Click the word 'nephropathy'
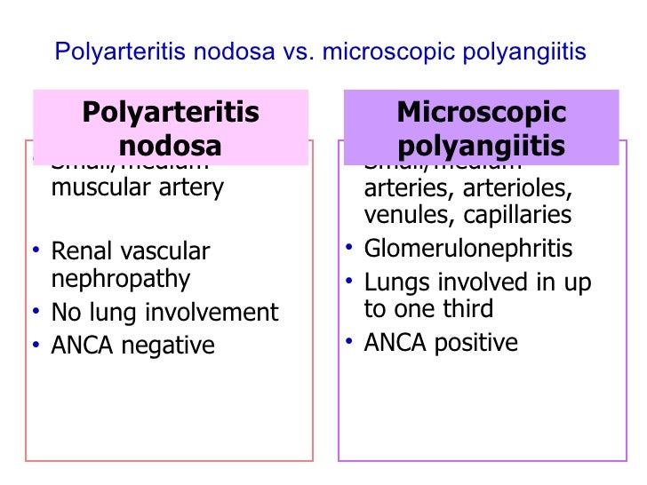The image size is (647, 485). coord(121,279)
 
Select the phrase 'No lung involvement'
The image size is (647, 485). coord(164,312)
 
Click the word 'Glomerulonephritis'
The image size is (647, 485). coord(467,250)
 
